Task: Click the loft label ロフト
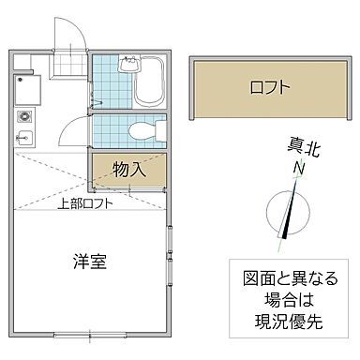coord(270,87)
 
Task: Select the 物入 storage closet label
coord(129,170)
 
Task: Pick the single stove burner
coord(22,119)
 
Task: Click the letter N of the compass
coord(297,168)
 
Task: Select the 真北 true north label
coord(302,147)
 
